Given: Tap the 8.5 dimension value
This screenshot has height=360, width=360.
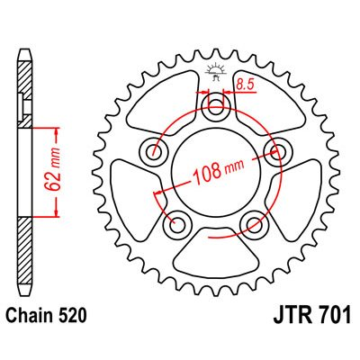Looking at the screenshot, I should click(x=245, y=86).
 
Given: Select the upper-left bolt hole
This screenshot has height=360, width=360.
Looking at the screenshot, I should click(x=159, y=149).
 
